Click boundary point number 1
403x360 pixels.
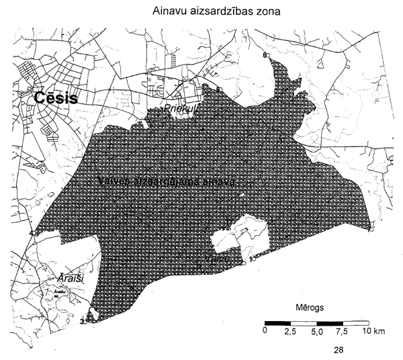point(251,259)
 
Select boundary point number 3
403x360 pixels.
point(81,322)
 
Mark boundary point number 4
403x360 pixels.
point(30,233)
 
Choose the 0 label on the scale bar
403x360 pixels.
point(266,332)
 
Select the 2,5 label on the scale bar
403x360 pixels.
point(291,332)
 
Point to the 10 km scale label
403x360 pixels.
point(371,332)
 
